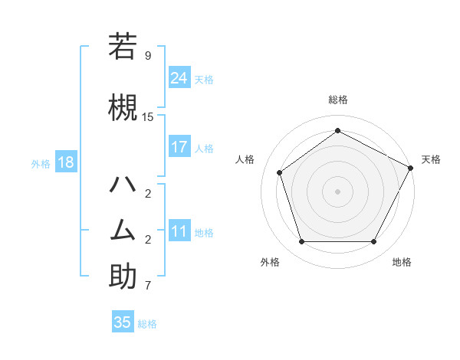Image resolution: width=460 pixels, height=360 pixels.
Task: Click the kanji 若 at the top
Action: tap(123, 47)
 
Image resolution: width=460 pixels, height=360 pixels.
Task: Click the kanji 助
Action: tap(123, 277)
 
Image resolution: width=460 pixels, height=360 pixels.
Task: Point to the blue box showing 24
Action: tap(179, 77)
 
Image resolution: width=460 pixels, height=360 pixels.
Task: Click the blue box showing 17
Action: tap(179, 147)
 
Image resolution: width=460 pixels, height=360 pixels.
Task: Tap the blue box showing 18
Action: tap(65, 162)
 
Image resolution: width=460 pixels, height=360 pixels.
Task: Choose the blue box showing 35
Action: tap(123, 322)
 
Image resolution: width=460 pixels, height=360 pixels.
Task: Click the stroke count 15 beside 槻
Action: tap(148, 116)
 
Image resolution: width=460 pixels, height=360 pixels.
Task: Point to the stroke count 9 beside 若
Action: tap(147, 56)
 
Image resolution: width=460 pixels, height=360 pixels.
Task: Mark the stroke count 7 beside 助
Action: tap(147, 286)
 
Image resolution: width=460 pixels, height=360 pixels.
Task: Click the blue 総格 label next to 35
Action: tap(147, 324)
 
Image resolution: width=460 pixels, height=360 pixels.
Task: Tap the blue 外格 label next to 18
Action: tap(41, 164)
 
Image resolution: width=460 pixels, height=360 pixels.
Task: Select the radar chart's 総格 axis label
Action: tap(337, 100)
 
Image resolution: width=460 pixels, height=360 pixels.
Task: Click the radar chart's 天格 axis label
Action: tap(431, 159)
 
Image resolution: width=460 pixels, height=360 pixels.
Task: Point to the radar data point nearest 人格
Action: tap(280, 172)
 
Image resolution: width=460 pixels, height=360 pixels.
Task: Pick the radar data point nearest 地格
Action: tap(373, 241)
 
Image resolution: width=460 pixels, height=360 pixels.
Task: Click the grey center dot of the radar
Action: tap(337, 191)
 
